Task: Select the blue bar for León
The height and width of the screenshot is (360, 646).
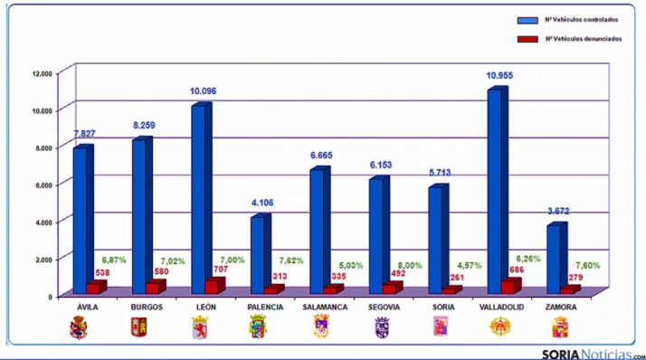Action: coord(198,199)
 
